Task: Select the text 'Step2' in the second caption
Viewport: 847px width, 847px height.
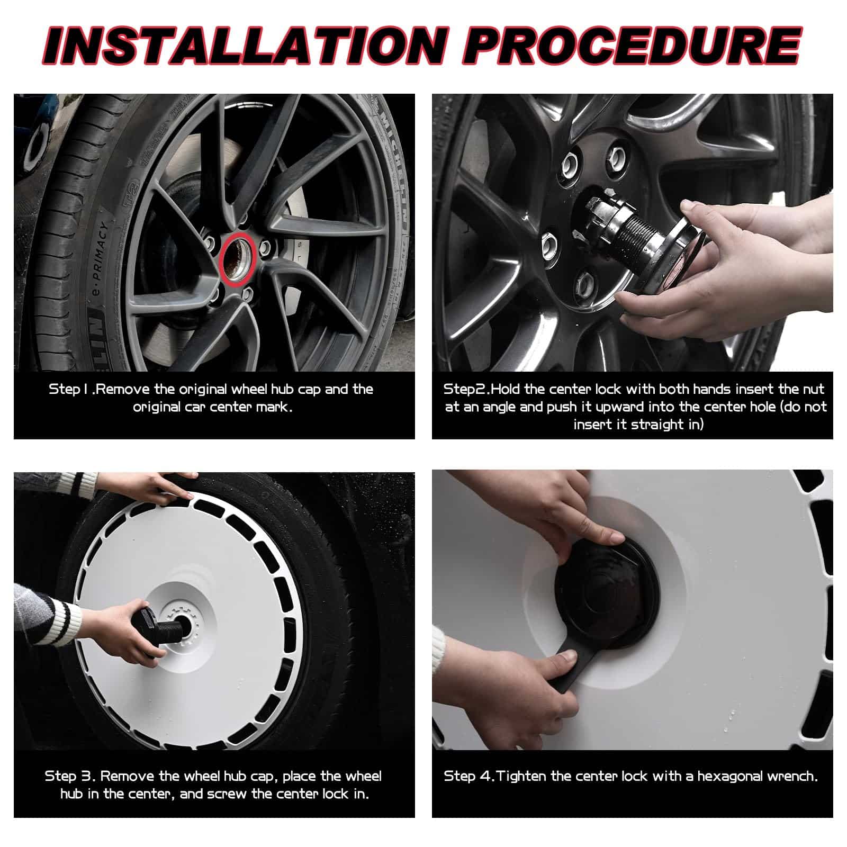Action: click(x=465, y=390)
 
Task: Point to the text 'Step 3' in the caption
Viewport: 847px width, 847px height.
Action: click(x=70, y=776)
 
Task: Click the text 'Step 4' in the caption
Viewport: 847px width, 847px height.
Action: click(x=468, y=777)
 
